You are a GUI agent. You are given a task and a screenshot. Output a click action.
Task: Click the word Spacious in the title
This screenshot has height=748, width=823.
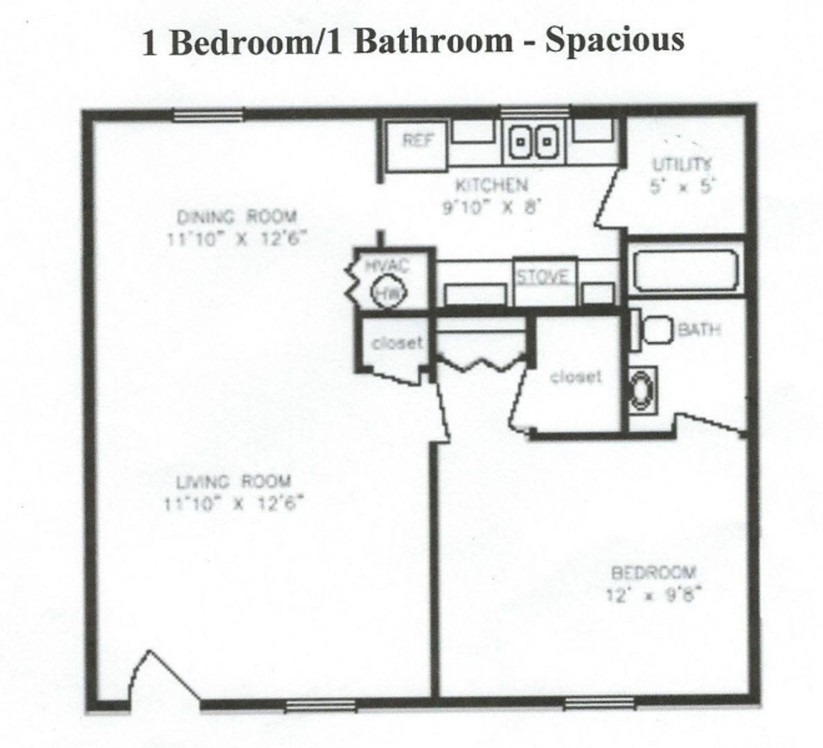614,41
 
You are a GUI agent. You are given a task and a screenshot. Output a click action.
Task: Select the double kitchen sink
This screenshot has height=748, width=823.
534,141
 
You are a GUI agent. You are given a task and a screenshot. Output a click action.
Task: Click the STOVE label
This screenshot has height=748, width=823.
542,276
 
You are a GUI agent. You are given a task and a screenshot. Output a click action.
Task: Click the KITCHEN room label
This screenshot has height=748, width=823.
491,186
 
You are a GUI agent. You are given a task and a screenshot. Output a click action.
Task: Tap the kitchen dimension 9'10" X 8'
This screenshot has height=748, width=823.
491,208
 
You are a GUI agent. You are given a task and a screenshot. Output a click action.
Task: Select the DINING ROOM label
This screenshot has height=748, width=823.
237,216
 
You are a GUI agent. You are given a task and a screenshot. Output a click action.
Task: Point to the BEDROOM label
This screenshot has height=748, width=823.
654,571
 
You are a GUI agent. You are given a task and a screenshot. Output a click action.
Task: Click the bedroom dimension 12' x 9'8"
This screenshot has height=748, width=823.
654,596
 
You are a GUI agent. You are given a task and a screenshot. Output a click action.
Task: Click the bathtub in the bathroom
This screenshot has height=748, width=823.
686,271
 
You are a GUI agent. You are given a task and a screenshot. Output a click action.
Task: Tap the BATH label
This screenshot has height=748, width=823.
700,330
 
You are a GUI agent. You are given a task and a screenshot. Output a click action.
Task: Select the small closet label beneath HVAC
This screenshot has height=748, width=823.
397,344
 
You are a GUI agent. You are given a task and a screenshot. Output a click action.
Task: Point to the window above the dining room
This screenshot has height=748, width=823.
209,115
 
